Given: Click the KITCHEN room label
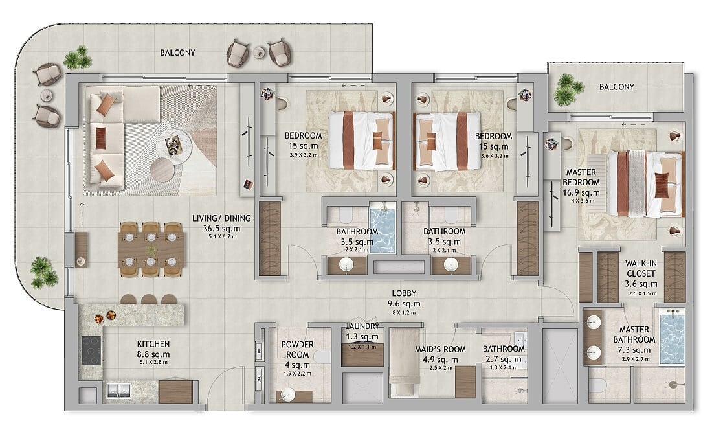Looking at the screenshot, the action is point(153,344).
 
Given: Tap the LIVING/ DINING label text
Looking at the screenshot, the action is point(221,218).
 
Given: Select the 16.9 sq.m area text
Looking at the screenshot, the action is point(581,192).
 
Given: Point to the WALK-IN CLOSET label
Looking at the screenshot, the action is point(641,268).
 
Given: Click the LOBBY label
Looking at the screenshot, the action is point(404,293).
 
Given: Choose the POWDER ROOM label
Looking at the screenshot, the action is point(297,349).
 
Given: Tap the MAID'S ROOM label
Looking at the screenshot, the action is point(440,349).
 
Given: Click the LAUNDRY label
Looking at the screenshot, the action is point(362,326).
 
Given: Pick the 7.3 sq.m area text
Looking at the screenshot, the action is point(634,350).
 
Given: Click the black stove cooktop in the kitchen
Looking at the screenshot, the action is point(91,350).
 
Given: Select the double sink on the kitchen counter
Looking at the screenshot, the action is point(118,390).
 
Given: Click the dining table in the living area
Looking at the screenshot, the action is point(151,249).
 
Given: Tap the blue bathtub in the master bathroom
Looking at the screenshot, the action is point(672,336).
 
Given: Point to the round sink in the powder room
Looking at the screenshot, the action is point(287,395).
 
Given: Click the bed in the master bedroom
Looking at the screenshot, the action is point(645,183).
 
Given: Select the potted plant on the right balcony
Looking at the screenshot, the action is point(567,89).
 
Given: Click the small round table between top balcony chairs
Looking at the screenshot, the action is point(260,52).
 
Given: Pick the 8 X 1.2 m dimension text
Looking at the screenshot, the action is point(404,313).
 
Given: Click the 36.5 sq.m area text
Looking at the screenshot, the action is point(221,229).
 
